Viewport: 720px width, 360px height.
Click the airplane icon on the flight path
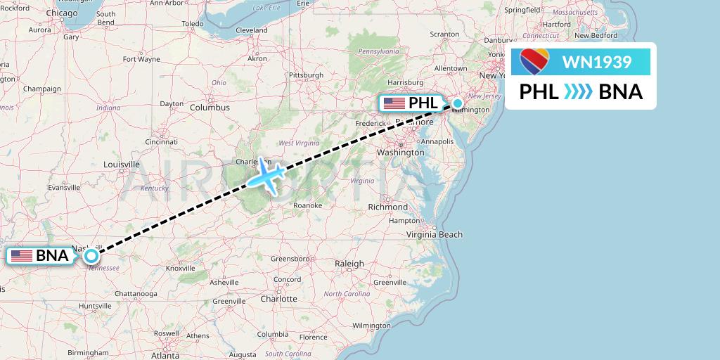coord(264,174)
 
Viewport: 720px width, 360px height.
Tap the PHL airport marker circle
coord(458,104)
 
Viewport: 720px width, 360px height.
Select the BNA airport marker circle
coord(91,256)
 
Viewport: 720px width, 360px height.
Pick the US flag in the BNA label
coord(22,256)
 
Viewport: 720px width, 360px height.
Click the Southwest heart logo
coord(534,62)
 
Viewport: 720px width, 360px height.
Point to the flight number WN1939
coord(597,63)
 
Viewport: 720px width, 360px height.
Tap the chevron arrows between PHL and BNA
coord(579,92)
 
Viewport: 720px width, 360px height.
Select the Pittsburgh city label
coord(306,75)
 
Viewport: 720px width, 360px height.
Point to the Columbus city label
coord(210,108)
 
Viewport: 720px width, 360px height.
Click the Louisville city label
coord(121,165)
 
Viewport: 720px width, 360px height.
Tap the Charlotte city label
coord(278,298)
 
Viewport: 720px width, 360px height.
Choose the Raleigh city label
coord(349,264)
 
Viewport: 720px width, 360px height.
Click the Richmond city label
coord(387,207)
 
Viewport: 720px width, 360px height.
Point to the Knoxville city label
coord(180,268)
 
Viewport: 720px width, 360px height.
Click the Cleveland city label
coord(252,30)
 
